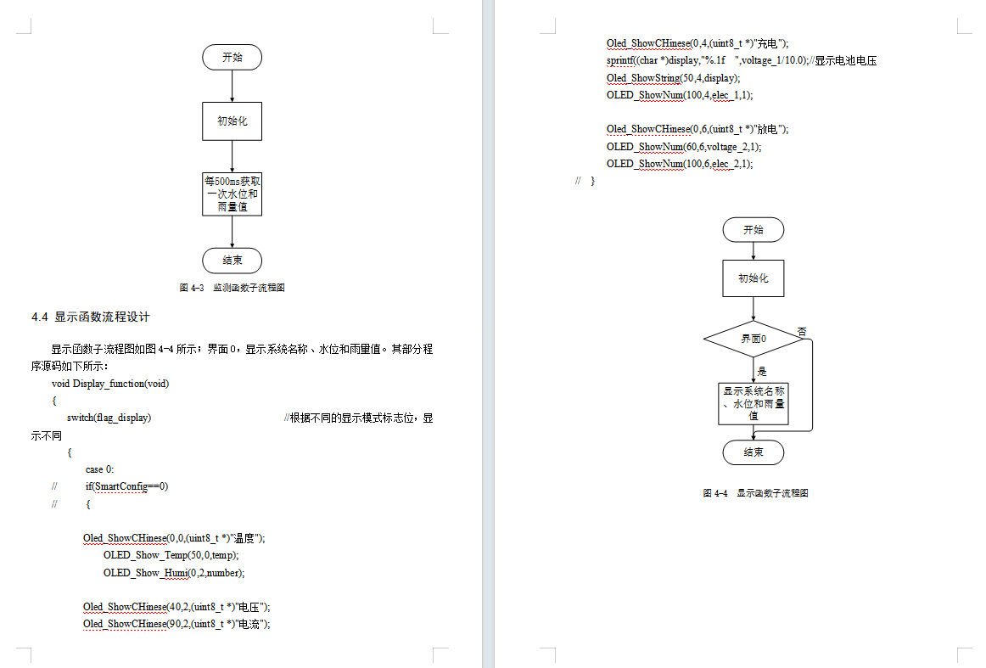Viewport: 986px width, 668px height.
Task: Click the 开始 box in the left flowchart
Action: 232,57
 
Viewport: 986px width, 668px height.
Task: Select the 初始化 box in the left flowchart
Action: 232,121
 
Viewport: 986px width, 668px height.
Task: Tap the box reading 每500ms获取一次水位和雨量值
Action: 232,194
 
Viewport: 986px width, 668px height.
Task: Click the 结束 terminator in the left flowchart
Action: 232,261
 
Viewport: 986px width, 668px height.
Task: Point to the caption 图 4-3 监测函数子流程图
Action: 232,288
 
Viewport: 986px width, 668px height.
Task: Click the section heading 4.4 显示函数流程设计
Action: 91,317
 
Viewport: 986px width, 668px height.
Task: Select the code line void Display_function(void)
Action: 110,383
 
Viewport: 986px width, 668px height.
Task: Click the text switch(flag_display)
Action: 109,418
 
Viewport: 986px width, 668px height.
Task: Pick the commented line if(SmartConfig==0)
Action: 126,486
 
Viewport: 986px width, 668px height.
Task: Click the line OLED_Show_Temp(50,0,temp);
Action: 171,555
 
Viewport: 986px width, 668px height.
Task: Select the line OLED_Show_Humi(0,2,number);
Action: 174,572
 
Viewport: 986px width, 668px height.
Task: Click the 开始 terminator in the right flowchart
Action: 754,229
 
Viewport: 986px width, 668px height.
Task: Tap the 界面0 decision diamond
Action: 754,338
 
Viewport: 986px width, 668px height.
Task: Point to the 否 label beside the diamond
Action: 802,331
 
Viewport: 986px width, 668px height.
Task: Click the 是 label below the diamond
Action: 761,371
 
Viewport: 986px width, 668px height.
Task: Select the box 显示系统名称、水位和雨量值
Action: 754,404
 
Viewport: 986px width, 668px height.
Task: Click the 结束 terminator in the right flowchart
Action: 754,452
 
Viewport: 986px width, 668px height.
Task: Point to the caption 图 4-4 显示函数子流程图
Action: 755,493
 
